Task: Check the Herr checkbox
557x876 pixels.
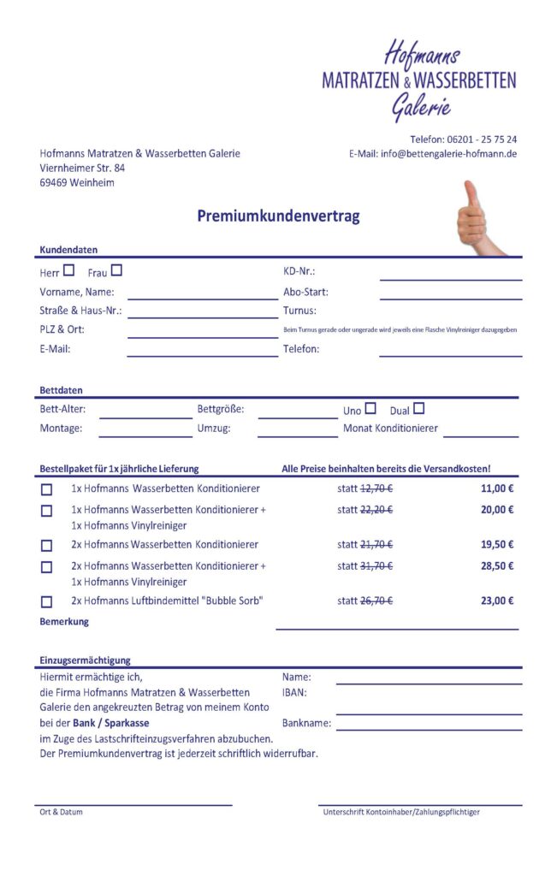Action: pyautogui.click(x=69, y=271)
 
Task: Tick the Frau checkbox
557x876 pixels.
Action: pyautogui.click(x=116, y=271)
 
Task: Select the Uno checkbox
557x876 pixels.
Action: pyautogui.click(x=370, y=409)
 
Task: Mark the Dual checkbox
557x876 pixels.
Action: pyautogui.click(x=418, y=409)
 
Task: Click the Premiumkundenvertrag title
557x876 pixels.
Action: pyautogui.click(x=278, y=216)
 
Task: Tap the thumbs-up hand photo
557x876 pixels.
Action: pyautogui.click(x=476, y=217)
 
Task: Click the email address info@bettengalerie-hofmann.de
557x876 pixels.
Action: pyautogui.click(x=448, y=154)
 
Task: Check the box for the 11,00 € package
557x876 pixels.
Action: pyautogui.click(x=46, y=489)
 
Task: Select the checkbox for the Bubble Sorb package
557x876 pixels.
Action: pyautogui.click(x=46, y=601)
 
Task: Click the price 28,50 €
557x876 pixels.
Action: pyautogui.click(x=496, y=566)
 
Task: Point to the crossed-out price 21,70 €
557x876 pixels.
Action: pyautogui.click(x=376, y=545)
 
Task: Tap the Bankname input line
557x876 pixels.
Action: pyautogui.click(x=428, y=728)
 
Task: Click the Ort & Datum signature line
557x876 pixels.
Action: pyautogui.click(x=134, y=804)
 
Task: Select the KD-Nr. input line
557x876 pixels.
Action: pyautogui.click(x=450, y=278)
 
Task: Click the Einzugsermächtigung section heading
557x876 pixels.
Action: pyautogui.click(x=85, y=660)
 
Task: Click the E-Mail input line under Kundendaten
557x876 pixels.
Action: pyautogui.click(x=202, y=354)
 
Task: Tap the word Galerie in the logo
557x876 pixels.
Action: pyautogui.click(x=421, y=107)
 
